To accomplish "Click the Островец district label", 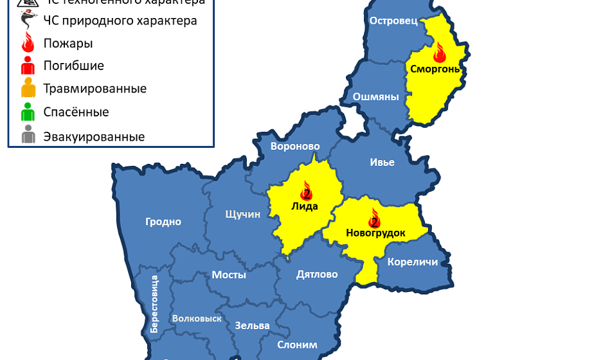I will tap(393, 21).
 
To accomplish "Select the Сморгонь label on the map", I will tap(435, 69).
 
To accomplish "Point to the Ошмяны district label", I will tap(375, 97).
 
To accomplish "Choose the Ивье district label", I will tap(382, 162).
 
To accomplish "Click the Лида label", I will tap(305, 206).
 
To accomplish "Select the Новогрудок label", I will tap(375, 233).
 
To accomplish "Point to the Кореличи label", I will tap(412, 262).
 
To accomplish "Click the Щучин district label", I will tap(242, 214).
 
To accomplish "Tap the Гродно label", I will tap(163, 222).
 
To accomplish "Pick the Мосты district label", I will tap(229, 274).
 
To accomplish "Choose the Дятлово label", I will tap(317, 274).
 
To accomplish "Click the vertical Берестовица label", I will tap(154, 303).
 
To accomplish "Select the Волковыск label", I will tap(197, 319).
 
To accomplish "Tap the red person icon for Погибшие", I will tap(28, 66).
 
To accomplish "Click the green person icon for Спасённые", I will tap(28, 113).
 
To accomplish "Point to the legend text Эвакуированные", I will tap(94, 136).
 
